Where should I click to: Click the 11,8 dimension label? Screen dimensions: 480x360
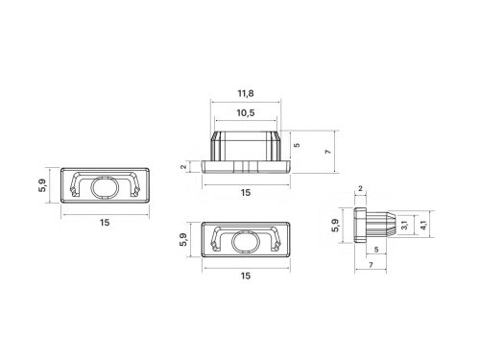[246, 94]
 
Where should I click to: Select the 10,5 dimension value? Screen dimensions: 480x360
[246, 113]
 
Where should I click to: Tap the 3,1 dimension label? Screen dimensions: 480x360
[404, 225]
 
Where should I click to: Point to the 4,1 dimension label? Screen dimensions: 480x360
[423, 225]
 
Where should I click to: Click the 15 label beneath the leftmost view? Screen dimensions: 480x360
[105, 223]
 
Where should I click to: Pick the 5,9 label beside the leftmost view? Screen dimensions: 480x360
[42, 185]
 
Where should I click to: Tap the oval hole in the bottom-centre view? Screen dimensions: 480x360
[246, 242]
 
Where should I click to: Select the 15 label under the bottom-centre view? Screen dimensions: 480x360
[246, 276]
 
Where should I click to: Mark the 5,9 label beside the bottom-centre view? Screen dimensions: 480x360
[183, 239]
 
